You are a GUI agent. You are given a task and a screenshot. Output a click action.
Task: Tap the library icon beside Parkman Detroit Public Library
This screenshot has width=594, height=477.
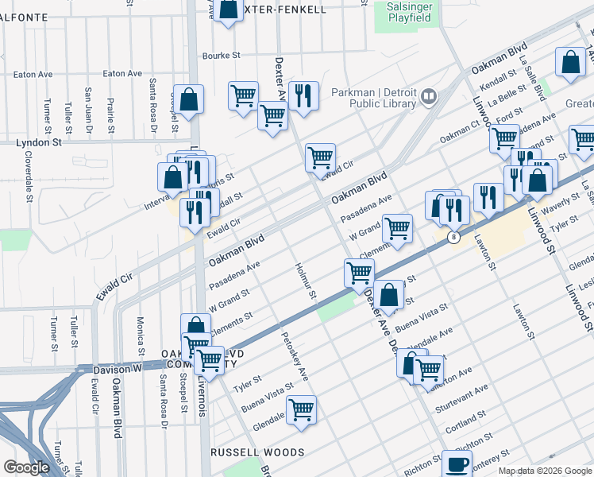point(429,97)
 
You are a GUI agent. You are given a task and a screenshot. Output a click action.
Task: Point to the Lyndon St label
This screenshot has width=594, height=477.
point(39,142)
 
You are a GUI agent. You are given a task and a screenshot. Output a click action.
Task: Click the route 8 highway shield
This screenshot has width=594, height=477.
point(453,238)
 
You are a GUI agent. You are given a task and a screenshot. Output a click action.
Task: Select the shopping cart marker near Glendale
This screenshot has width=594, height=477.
point(301,411)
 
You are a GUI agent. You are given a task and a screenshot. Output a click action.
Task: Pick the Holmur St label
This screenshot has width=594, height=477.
point(305,283)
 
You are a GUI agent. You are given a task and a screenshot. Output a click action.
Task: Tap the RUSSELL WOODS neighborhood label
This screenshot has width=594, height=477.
point(256,452)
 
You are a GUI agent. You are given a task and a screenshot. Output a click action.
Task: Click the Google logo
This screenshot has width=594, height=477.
point(25,467)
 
